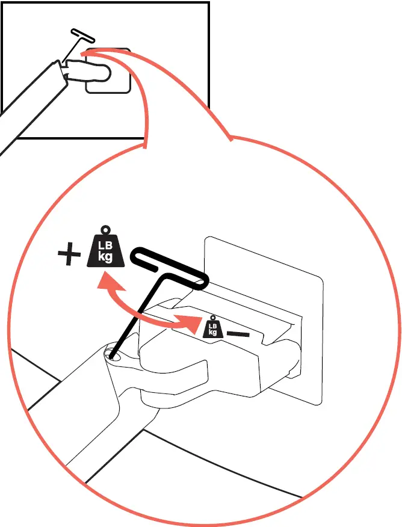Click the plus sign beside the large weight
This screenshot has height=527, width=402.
tap(69, 255)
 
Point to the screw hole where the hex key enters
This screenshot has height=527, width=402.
tap(112, 356)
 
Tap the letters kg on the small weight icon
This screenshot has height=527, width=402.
tap(211, 331)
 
